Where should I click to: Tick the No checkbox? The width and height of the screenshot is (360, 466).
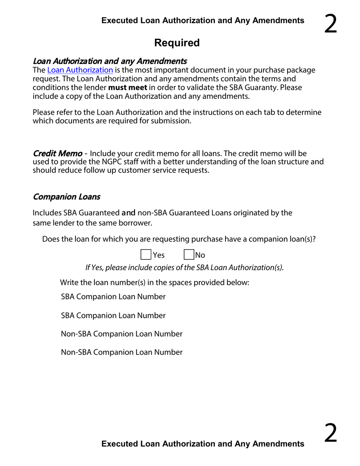point(189,255)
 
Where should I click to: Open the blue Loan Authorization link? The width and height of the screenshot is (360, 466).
point(80,70)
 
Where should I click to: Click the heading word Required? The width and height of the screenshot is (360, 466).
point(177,43)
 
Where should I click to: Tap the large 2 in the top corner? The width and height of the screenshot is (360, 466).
point(330,24)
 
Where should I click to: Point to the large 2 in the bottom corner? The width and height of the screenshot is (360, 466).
point(330,434)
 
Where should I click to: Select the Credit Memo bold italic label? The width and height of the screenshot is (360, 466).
point(58,153)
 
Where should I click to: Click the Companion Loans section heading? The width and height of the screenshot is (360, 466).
point(67,197)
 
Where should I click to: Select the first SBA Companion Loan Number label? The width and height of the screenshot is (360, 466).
point(113,297)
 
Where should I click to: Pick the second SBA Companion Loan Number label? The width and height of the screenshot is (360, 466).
point(113,315)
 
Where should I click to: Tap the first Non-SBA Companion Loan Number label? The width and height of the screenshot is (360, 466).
point(122,334)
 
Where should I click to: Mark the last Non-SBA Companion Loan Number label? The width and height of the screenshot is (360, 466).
point(122,352)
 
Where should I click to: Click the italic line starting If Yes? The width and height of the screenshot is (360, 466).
point(185,267)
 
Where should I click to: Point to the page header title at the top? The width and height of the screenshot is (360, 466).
point(203,20)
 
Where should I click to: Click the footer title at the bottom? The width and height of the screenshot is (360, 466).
point(203,444)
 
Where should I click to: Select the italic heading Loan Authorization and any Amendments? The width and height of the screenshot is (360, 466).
point(110,61)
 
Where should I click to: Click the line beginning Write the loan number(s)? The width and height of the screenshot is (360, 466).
point(155,282)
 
